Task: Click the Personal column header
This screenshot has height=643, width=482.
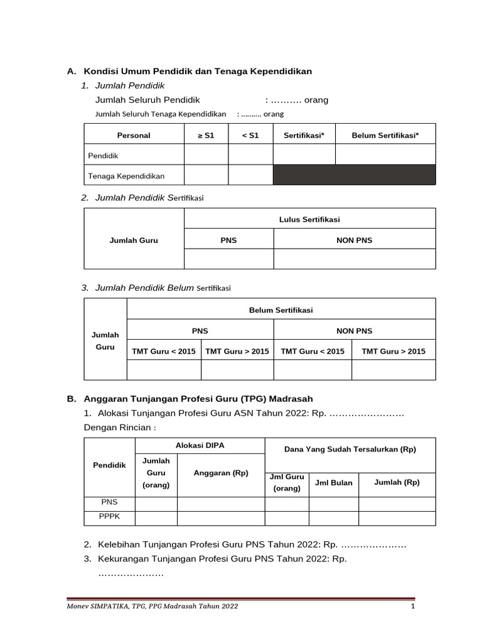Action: (134, 135)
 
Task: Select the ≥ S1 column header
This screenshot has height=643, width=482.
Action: (205, 135)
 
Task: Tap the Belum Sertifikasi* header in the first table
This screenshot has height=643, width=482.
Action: (385, 135)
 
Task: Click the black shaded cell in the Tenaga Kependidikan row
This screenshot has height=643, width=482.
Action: (354, 175)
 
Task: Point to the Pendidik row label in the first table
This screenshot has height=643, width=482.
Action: (104, 155)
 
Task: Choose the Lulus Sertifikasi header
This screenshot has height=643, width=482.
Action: (309, 219)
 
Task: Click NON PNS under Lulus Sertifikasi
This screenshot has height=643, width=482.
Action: (354, 240)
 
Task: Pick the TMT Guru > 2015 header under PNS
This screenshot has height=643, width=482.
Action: (237, 351)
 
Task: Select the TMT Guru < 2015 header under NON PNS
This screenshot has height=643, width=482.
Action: (313, 351)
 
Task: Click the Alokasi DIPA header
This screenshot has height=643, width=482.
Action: (200, 445)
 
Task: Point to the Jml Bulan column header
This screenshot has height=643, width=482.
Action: (333, 482)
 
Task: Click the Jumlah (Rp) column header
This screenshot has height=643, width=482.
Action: (397, 482)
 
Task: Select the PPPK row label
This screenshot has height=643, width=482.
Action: (109, 516)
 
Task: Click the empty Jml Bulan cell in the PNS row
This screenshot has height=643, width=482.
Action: (333, 503)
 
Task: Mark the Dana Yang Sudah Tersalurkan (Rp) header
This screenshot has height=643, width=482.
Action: (350, 449)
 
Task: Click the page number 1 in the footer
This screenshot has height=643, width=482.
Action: (413, 607)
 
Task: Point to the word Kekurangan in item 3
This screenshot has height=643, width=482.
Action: (124, 559)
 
